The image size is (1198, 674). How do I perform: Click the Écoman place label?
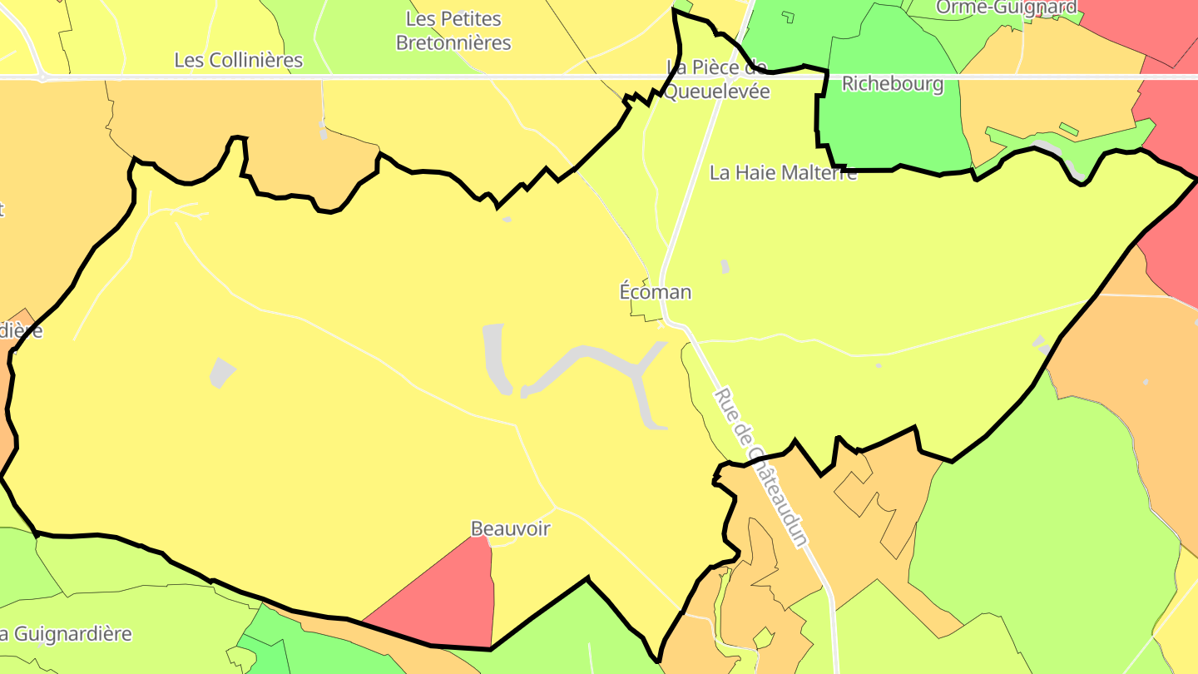[x=655, y=292]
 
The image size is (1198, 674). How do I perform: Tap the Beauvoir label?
[x=510, y=528]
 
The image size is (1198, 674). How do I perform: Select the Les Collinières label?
[x=239, y=60]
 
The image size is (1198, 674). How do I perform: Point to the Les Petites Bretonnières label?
[x=453, y=31]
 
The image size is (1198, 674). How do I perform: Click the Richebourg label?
[x=893, y=83]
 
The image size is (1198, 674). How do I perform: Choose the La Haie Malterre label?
[x=782, y=172]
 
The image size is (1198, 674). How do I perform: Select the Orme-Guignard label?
[x=1007, y=7]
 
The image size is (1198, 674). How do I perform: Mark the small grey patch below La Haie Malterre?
[x=725, y=266]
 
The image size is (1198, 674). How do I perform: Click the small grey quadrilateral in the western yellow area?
[x=221, y=372]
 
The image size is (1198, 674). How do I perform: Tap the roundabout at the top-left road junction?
[x=42, y=77]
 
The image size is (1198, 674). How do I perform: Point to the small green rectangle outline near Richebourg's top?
[x=788, y=16]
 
